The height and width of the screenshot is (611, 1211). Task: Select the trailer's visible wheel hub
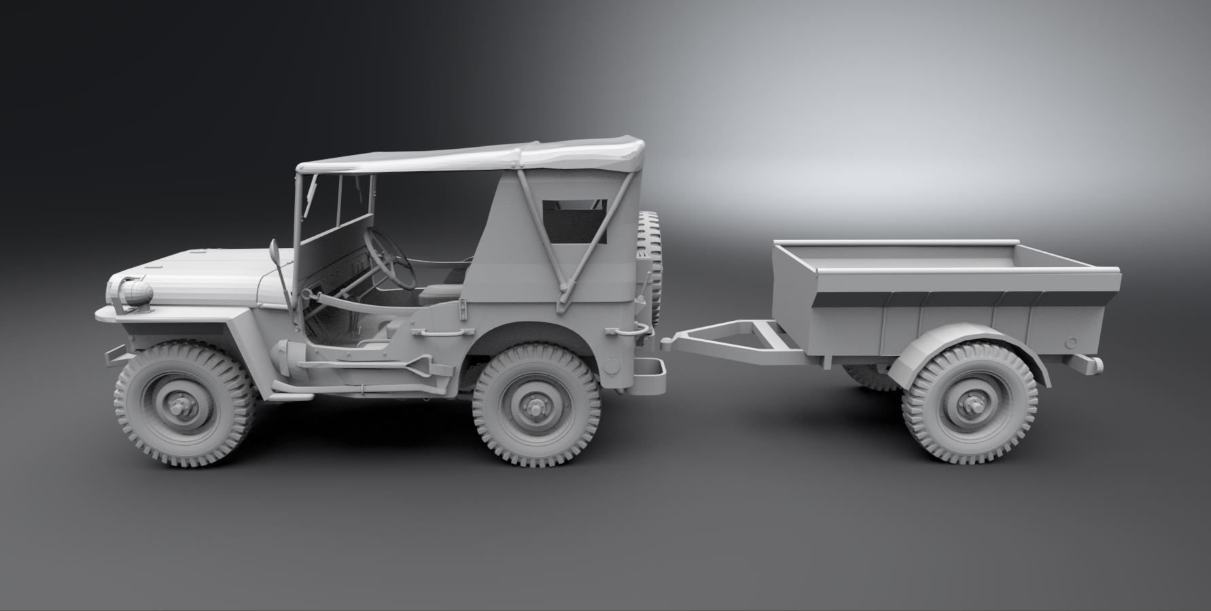point(968,406)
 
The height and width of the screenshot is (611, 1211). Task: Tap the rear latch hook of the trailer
point(1087,364)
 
